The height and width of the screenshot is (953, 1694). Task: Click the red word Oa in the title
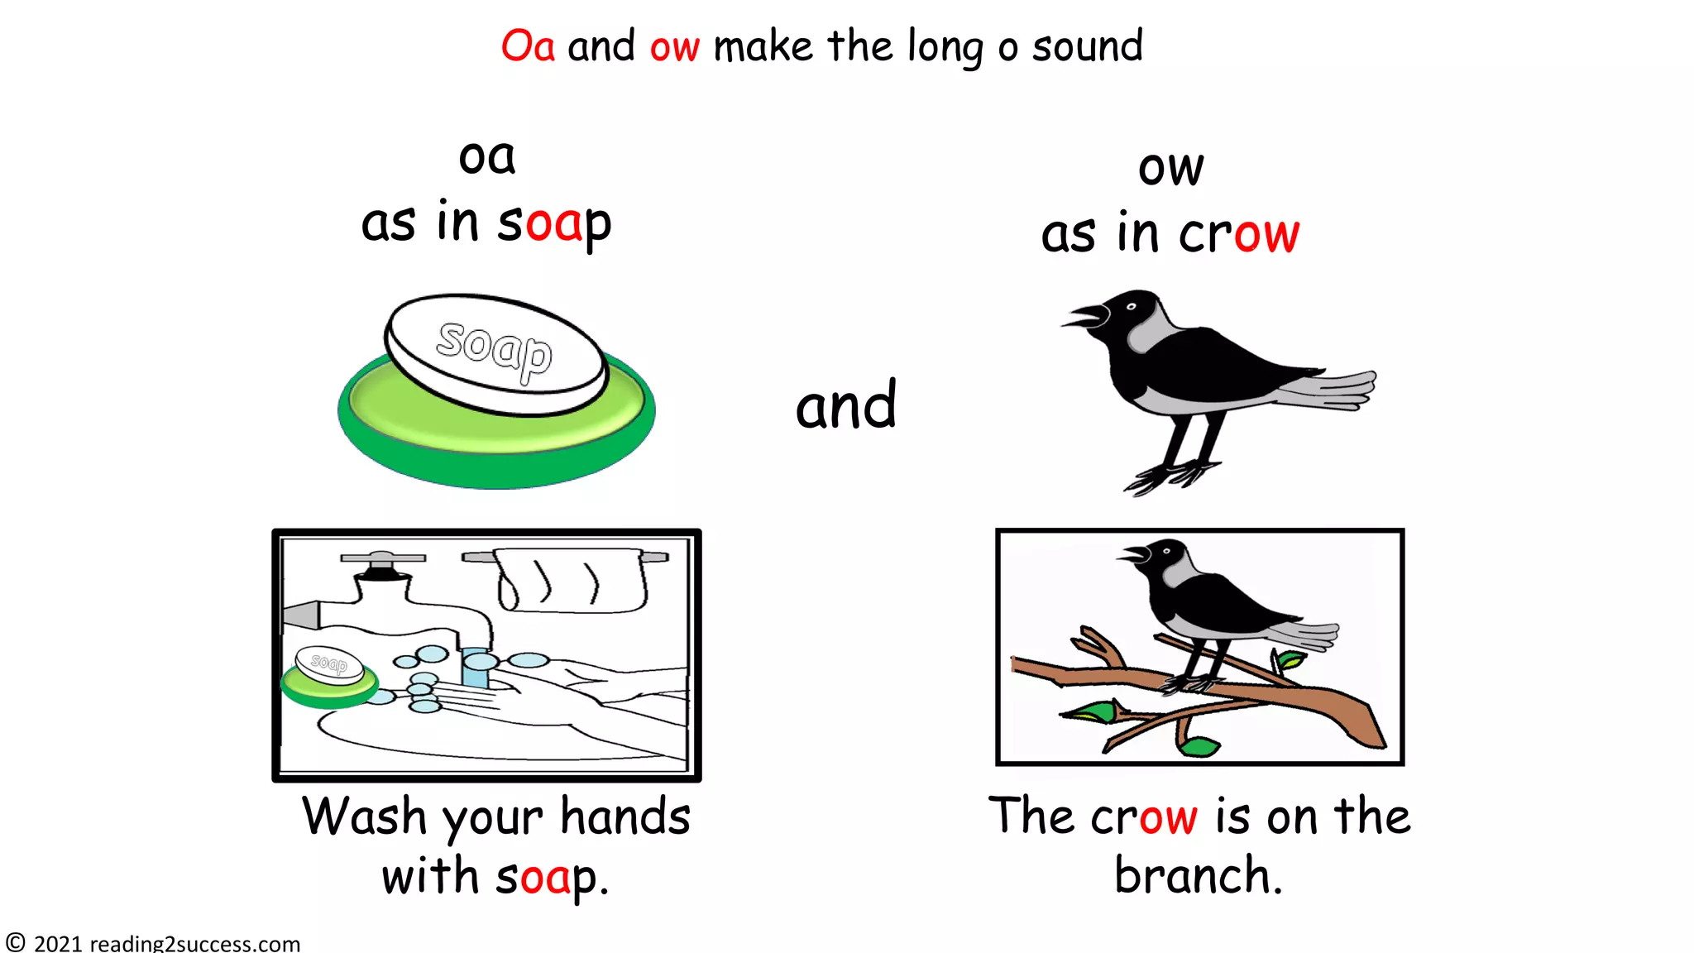tap(528, 46)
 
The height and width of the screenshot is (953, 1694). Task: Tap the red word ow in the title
tap(674, 48)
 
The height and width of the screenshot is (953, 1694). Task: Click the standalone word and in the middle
tap(845, 406)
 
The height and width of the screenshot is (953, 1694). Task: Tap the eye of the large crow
tap(1131, 307)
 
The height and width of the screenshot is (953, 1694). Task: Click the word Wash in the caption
tap(364, 817)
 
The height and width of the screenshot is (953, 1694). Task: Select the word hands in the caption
tap(625, 817)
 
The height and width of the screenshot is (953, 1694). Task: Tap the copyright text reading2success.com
tap(194, 943)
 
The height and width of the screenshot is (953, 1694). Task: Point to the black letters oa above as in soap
tap(487, 157)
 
